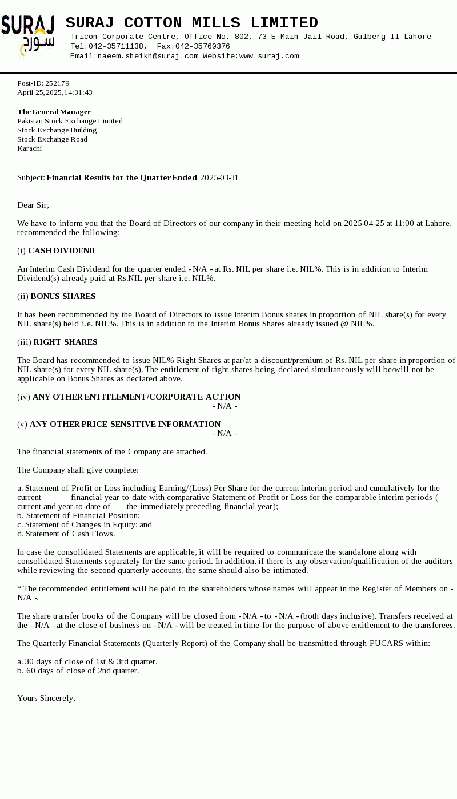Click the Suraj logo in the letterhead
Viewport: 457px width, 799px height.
[28, 35]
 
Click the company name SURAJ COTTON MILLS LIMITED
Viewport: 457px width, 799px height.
[191, 23]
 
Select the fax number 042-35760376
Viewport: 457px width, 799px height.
[202, 46]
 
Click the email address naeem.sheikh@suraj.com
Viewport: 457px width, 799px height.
[148, 56]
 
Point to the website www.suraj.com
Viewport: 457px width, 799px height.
[269, 56]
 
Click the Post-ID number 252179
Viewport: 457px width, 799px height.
[57, 83]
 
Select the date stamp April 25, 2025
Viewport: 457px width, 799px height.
[39, 92]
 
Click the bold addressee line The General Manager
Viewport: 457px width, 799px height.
[54, 112]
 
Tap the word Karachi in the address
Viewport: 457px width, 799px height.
[29, 148]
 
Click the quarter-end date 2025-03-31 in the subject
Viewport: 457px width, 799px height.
[219, 177]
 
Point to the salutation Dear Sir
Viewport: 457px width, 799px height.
[33, 205]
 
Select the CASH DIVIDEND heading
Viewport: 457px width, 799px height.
[61, 251]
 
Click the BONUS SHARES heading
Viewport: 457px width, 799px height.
[63, 296]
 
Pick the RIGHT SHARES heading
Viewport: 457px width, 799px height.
[65, 342]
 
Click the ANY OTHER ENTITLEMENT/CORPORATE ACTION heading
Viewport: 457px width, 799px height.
[137, 397]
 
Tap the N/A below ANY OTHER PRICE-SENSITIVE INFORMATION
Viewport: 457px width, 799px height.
[225, 433]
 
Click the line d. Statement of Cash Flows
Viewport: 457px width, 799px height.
[66, 534]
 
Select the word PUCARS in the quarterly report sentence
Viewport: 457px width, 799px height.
[386, 643]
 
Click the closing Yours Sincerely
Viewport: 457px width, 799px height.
[46, 698]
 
